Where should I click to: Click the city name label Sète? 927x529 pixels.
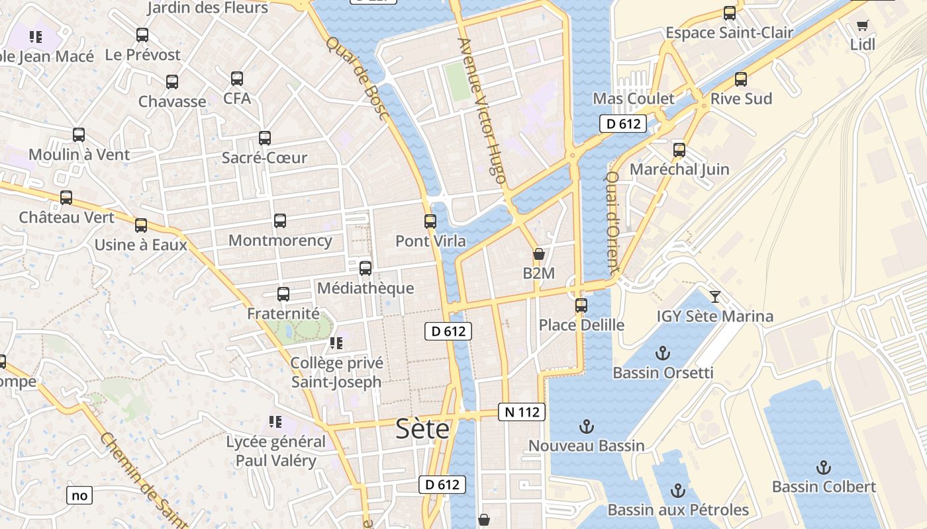click(x=422, y=430)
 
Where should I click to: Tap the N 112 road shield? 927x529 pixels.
click(x=522, y=412)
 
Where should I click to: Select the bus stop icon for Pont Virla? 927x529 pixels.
click(x=430, y=222)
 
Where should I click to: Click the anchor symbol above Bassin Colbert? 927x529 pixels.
click(x=823, y=468)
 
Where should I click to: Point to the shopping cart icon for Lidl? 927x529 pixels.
click(x=862, y=26)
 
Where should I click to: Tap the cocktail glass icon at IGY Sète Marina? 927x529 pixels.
click(x=714, y=296)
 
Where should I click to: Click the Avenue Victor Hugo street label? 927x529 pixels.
click(x=482, y=110)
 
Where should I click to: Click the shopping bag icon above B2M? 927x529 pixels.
click(x=538, y=254)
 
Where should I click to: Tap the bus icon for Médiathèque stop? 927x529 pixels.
click(x=365, y=268)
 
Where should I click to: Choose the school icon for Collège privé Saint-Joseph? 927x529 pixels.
click(x=336, y=343)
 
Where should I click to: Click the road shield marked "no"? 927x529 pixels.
click(x=79, y=495)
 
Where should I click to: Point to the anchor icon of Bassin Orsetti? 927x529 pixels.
click(x=662, y=353)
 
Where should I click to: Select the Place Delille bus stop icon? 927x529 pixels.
click(x=581, y=305)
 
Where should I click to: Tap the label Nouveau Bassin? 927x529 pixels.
click(x=586, y=446)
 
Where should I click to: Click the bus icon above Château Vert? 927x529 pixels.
click(x=66, y=198)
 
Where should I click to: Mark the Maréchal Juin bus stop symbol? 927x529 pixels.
click(x=679, y=150)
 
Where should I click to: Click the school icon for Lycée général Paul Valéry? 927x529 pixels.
click(x=275, y=422)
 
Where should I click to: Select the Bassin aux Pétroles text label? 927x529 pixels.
click(x=677, y=510)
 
